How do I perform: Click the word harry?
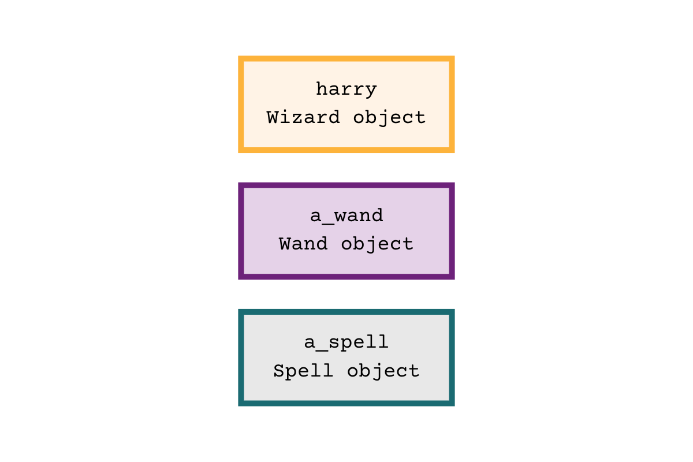(x=346, y=90)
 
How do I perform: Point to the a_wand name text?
(x=346, y=216)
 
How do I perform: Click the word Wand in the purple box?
(x=303, y=244)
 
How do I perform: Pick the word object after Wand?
(x=377, y=244)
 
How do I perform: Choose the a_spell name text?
(x=346, y=342)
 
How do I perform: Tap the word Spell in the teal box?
(x=303, y=370)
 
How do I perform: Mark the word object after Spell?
(x=383, y=370)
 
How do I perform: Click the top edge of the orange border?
(x=346, y=58)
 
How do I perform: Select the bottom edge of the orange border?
(x=346, y=151)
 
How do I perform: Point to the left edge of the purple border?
(x=241, y=231)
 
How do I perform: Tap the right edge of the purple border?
(x=452, y=231)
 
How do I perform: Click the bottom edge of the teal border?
(x=346, y=404)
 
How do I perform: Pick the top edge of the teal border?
(x=346, y=311)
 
